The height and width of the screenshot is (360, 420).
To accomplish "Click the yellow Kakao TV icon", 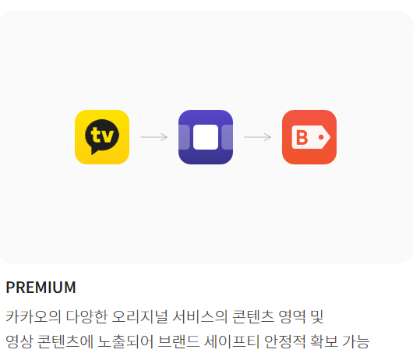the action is point(102,137).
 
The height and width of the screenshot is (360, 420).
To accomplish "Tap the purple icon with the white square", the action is point(206,137).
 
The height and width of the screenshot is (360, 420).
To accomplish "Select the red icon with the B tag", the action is point(309,137).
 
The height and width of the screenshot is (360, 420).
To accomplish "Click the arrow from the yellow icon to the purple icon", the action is point(154,137).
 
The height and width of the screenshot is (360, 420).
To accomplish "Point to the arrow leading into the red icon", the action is point(258,137).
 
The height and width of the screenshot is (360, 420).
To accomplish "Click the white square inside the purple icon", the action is point(206,137).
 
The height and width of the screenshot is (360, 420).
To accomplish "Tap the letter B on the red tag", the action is point(302,137).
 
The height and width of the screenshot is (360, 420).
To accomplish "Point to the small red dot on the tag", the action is point(321,137).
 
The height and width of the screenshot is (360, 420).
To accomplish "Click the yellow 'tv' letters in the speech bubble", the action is point(102,135).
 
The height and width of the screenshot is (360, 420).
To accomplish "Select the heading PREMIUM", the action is point(41,288).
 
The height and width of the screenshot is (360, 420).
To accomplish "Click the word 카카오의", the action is point(33,316).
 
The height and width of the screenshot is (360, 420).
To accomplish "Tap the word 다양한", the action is point(86,316).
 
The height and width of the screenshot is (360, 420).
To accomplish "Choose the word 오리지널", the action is point(139,316).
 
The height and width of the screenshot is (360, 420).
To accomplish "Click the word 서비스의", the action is point(199,316).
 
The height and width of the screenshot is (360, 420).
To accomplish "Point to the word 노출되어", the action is point(125,341).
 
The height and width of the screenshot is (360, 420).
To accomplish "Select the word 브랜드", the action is point(178,341).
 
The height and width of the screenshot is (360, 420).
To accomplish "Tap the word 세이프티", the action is point(231,341).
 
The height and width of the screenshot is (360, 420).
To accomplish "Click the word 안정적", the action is point(284,341).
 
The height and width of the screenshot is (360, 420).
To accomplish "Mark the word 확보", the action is point(323,341).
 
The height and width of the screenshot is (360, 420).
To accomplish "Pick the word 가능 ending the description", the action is point(356,341).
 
